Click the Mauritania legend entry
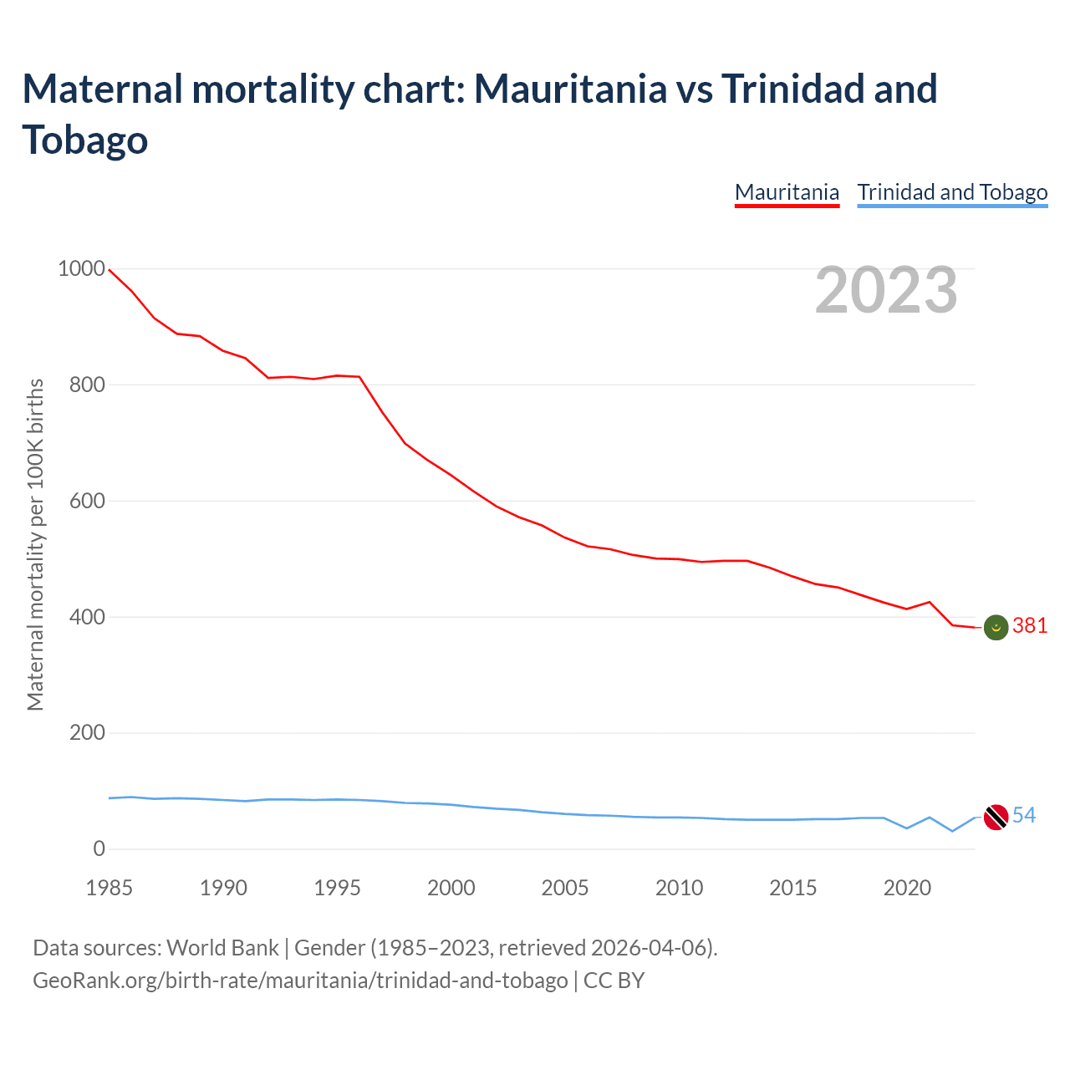787,192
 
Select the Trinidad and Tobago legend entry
952,192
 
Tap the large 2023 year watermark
886,290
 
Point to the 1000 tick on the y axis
81,269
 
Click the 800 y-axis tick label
86,385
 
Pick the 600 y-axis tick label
86,502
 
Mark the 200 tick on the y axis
86,733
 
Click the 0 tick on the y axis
99,849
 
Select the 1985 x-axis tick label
110,888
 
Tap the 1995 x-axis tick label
337,888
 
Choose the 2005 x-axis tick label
565,888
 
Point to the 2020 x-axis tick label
907,888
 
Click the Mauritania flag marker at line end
996,626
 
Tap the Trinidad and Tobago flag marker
996,817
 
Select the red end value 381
1030,626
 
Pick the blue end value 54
1024,816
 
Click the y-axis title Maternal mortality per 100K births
35,544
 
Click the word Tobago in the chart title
85,140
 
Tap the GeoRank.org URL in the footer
300,980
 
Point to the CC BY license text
614,980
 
